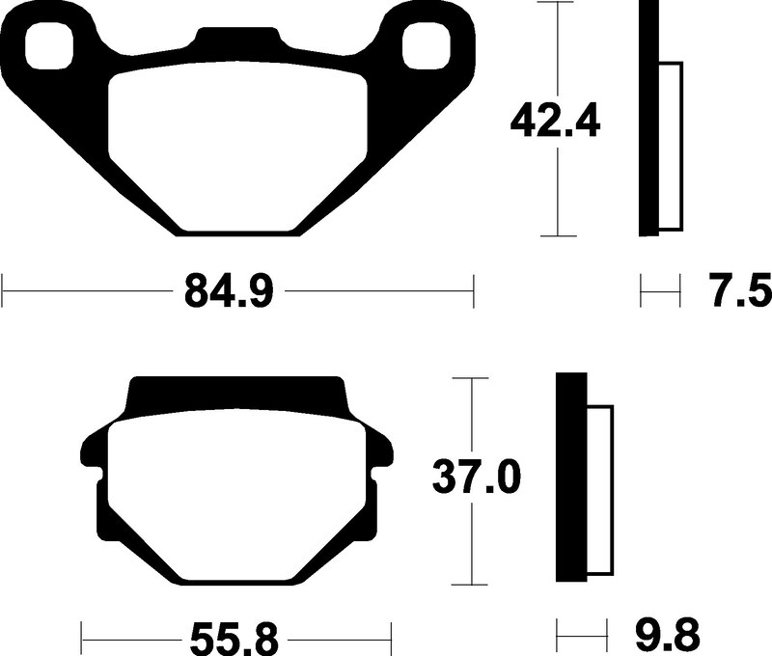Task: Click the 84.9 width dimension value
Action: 227,289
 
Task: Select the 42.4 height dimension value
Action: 556,122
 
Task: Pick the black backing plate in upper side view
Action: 648,118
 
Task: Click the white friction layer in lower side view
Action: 599,493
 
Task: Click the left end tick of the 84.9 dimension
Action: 4,289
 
